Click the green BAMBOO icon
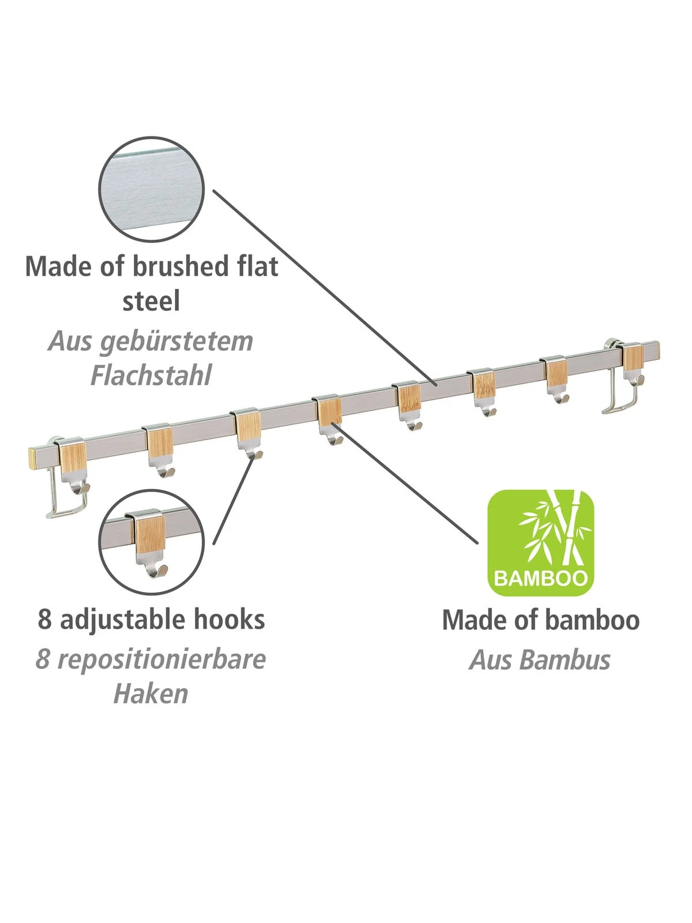540,542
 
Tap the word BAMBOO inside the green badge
540,577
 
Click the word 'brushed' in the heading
172,266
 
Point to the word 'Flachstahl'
151,375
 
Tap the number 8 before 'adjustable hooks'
44,620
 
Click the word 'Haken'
151,693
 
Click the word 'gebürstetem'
176,341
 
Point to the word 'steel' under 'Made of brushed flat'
151,301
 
